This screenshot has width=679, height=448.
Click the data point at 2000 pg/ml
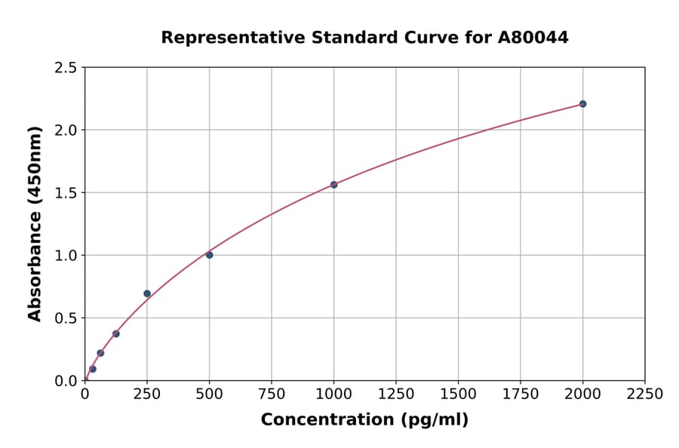point(582,104)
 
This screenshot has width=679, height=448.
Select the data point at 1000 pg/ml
point(333,185)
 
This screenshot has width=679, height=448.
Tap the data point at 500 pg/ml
point(209,255)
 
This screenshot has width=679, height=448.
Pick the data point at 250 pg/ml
point(147,293)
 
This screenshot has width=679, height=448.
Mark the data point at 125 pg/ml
point(116,334)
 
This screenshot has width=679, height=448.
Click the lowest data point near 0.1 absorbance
point(93,370)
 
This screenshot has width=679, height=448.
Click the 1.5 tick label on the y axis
point(66,193)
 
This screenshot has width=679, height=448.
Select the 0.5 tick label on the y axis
point(66,318)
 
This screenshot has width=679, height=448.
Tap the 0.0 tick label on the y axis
point(66,381)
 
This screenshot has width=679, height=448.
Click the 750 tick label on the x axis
point(272,394)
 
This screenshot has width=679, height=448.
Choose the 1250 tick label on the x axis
point(396,394)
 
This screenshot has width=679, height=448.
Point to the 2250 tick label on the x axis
point(645,394)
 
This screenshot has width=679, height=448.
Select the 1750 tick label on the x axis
point(521,394)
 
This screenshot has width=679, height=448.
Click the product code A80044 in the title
point(533,38)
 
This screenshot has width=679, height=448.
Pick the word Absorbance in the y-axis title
point(35,266)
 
